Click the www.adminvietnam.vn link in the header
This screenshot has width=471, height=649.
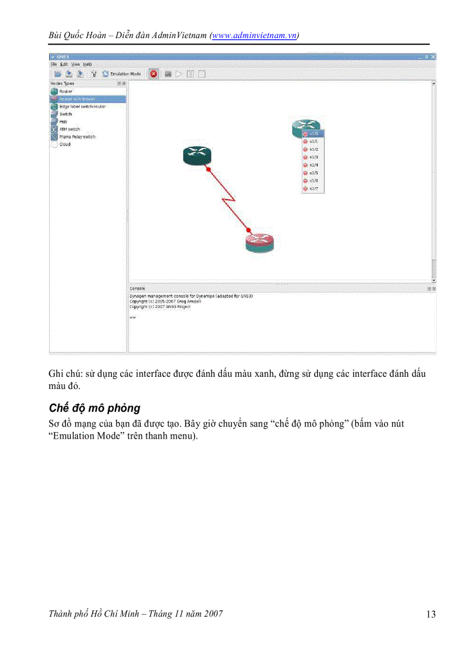point(255,35)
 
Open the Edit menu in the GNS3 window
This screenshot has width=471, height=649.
point(64,64)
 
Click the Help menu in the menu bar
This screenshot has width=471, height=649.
point(87,64)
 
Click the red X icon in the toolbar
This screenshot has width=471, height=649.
point(154,74)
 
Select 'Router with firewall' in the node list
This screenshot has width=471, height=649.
point(77,99)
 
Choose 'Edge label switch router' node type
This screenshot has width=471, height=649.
point(82,106)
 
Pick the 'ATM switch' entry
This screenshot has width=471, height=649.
point(69,129)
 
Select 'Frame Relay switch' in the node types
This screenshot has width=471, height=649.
point(77,137)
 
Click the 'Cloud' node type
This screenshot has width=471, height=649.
point(65,144)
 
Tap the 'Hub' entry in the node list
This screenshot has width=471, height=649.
point(63,122)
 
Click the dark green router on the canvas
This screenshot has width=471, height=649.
point(197,154)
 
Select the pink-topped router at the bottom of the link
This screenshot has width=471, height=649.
point(259,242)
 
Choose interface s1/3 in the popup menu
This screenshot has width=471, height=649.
point(313,157)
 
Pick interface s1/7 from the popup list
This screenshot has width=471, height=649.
point(313,188)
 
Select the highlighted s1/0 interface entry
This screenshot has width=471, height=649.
point(313,133)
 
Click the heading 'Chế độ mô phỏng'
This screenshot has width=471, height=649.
point(95,409)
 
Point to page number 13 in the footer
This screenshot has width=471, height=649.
point(431,614)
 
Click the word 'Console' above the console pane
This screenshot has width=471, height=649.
point(137,288)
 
